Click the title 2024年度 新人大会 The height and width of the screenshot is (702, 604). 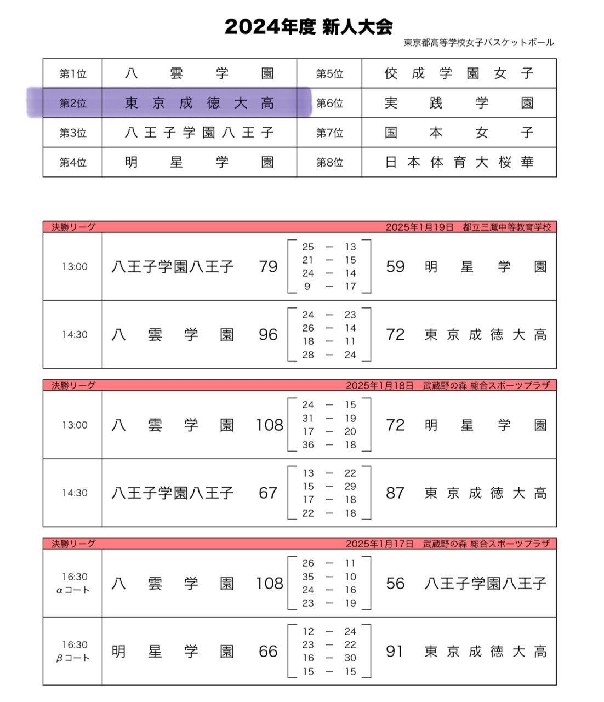[308, 26]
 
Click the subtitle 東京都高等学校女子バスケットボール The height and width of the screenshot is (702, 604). [478, 43]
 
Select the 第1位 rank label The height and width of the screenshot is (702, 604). [73, 73]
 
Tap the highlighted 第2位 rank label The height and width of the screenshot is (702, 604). [73, 103]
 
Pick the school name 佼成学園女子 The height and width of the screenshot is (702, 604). [459, 73]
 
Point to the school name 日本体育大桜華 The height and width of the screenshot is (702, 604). [459, 162]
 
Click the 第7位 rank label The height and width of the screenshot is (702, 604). [329, 133]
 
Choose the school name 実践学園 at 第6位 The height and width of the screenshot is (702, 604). [459, 103]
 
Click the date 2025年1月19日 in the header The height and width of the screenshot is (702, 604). [419, 227]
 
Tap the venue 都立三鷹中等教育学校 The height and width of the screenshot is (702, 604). [507, 227]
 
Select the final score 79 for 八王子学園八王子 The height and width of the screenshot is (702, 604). [268, 267]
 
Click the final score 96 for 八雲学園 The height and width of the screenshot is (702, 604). [268, 335]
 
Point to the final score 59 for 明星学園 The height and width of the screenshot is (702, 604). [395, 267]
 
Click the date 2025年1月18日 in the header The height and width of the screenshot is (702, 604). [379, 385]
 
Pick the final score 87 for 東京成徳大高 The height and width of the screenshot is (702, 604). [395, 493]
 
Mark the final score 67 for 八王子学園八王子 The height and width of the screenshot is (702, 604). [268, 493]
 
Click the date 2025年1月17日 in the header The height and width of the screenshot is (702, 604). [379, 544]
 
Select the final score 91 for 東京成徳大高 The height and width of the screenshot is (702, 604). [395, 652]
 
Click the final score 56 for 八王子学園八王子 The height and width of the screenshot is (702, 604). [395, 584]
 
